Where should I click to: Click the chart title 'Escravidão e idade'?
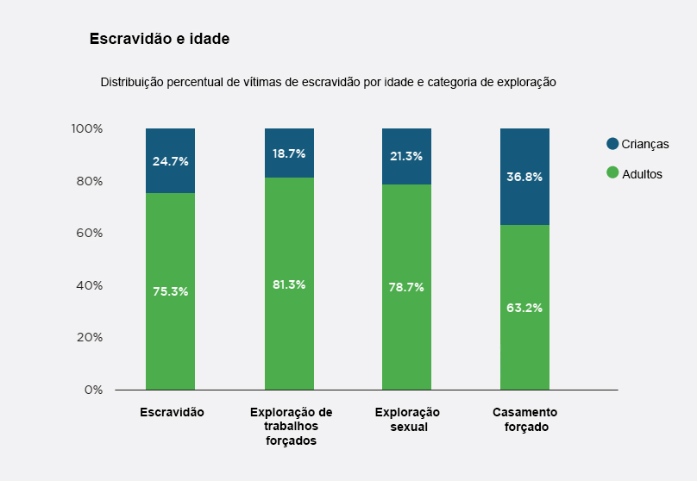pos(159,39)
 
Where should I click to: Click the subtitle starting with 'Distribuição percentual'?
pos(328,83)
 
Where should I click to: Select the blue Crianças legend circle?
pos(612,144)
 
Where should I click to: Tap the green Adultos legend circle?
pos(612,172)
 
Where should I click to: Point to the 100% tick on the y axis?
pos(86,128)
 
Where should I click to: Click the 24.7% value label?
pos(170,161)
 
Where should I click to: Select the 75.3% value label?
pos(170,291)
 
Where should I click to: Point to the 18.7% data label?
pos(289,153)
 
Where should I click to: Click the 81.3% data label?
pos(289,284)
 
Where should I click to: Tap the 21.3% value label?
pos(406,156)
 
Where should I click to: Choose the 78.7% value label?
pos(406,287)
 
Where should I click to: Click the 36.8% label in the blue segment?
pos(524,177)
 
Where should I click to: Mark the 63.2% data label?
pos(524,308)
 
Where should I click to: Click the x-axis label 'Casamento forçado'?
pos(524,419)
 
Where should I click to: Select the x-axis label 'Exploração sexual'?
pos(407,419)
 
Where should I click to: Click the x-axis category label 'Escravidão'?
pos(172,412)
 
